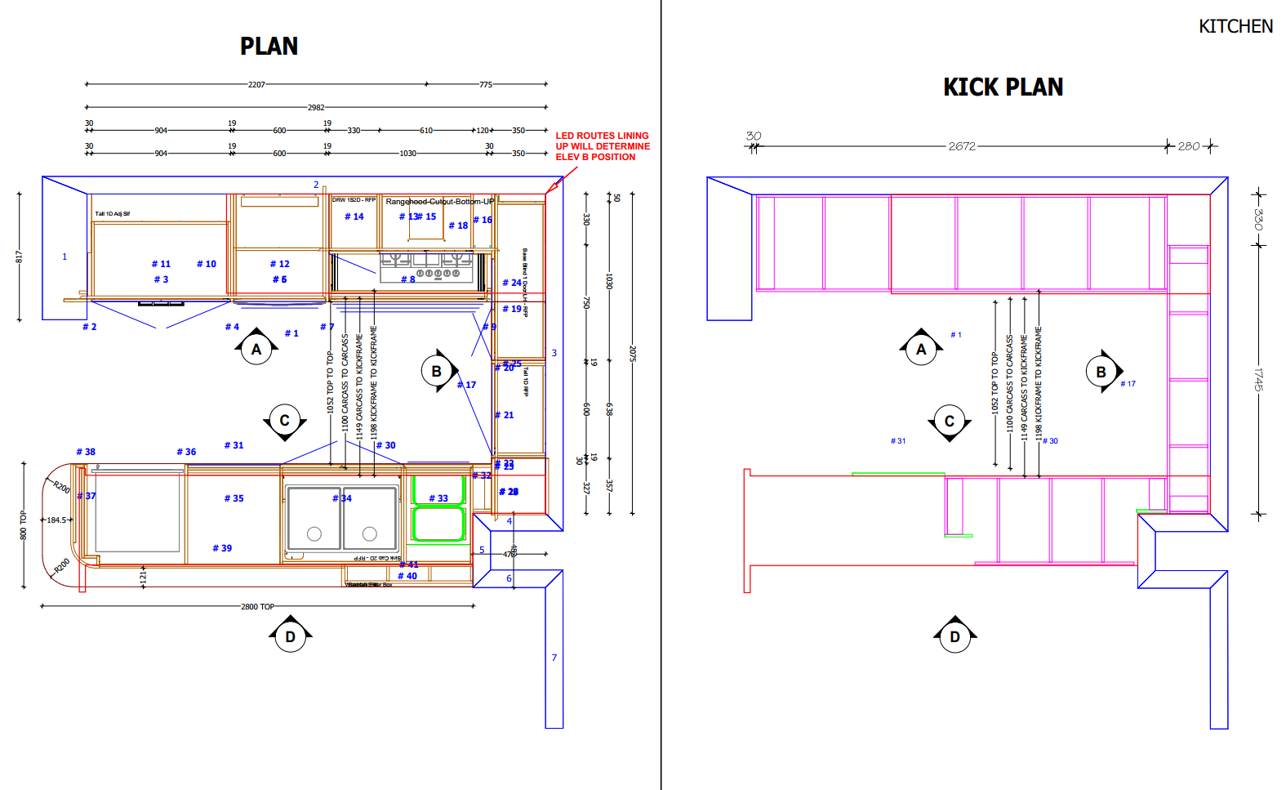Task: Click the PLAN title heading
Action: pos(269,47)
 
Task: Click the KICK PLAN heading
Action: pos(1003,87)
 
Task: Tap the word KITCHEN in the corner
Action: pos(1235,27)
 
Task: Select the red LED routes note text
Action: pos(603,146)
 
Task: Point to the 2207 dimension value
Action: pos(256,84)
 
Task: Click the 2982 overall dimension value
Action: pos(316,107)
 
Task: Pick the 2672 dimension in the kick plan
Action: pos(962,146)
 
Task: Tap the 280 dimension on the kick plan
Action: pos(1189,146)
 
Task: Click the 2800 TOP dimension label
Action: pos(257,606)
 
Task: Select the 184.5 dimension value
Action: pos(56,520)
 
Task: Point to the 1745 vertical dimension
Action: pos(1258,379)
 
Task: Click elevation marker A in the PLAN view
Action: pos(256,349)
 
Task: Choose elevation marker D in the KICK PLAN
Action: pos(954,636)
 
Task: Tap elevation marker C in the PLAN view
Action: pos(284,421)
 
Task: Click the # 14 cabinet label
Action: pos(354,216)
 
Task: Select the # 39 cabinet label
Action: pos(222,548)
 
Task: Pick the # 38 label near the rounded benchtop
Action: pos(86,452)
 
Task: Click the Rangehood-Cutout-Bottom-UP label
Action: pos(439,202)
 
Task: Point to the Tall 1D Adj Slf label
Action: pos(112,214)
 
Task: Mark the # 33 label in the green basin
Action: pos(438,498)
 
